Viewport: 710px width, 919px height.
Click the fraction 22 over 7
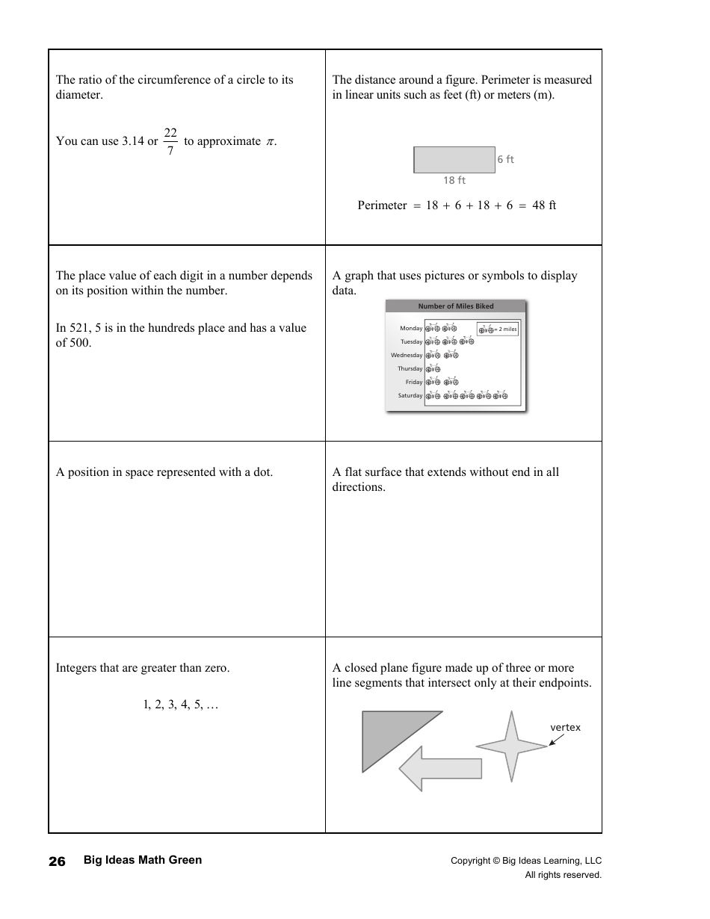point(170,141)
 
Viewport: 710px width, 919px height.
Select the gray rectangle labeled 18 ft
point(454,160)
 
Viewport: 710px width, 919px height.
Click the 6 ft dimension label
point(506,159)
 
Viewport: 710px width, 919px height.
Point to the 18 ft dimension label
point(454,180)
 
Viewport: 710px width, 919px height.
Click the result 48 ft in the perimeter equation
point(544,205)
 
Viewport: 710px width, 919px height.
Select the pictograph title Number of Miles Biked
point(456,306)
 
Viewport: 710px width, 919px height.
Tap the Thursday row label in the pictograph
point(410,369)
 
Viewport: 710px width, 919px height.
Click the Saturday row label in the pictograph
point(410,396)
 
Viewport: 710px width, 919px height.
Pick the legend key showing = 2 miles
point(498,329)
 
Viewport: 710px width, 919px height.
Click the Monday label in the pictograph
point(411,329)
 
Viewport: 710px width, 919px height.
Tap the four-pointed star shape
point(512,746)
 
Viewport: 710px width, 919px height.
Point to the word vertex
point(565,728)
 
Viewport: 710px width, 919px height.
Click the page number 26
point(57,861)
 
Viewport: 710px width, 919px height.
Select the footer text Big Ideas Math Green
point(143,860)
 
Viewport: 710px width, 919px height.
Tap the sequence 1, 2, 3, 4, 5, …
point(180,705)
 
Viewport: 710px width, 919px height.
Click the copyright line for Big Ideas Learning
point(525,861)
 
